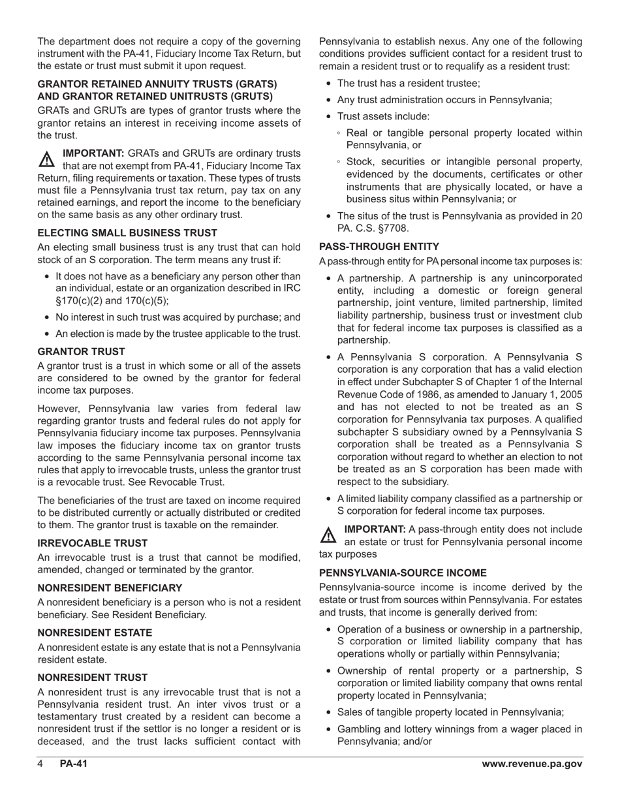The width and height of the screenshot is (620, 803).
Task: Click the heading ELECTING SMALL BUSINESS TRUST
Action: [x=127, y=232]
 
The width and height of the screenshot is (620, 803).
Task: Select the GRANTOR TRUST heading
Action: [x=81, y=351]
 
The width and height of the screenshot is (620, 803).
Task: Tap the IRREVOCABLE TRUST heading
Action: [x=93, y=543]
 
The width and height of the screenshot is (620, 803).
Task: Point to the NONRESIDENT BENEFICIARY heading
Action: [x=110, y=588]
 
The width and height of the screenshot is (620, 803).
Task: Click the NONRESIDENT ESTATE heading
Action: [x=95, y=633]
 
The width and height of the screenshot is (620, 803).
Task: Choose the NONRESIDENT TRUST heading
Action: [x=92, y=678]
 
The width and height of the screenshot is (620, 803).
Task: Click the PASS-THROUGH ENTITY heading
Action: [x=379, y=247]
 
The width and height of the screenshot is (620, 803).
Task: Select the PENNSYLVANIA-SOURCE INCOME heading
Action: [x=403, y=573]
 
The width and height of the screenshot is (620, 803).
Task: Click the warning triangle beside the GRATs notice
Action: [x=48, y=159]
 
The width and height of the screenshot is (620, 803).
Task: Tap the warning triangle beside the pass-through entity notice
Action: [x=328, y=535]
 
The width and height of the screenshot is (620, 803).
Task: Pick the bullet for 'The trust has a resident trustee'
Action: [x=328, y=84]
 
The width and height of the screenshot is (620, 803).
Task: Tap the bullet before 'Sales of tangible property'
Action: [x=328, y=712]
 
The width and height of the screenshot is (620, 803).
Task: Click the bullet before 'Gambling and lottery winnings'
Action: [x=328, y=730]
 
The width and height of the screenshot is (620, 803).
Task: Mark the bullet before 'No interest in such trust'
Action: [x=46, y=317]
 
